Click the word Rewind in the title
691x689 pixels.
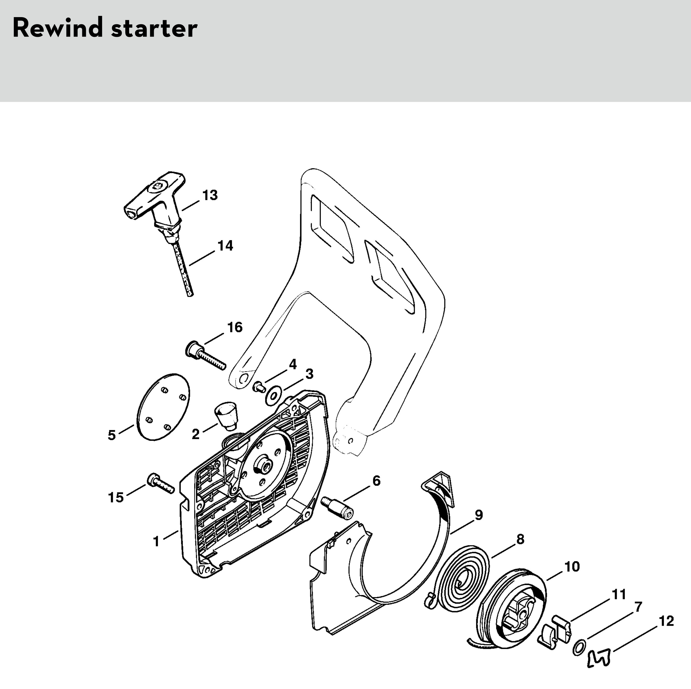coord(58,28)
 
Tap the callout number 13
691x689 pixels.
coord(210,195)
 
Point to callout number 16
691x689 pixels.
coord(235,327)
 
